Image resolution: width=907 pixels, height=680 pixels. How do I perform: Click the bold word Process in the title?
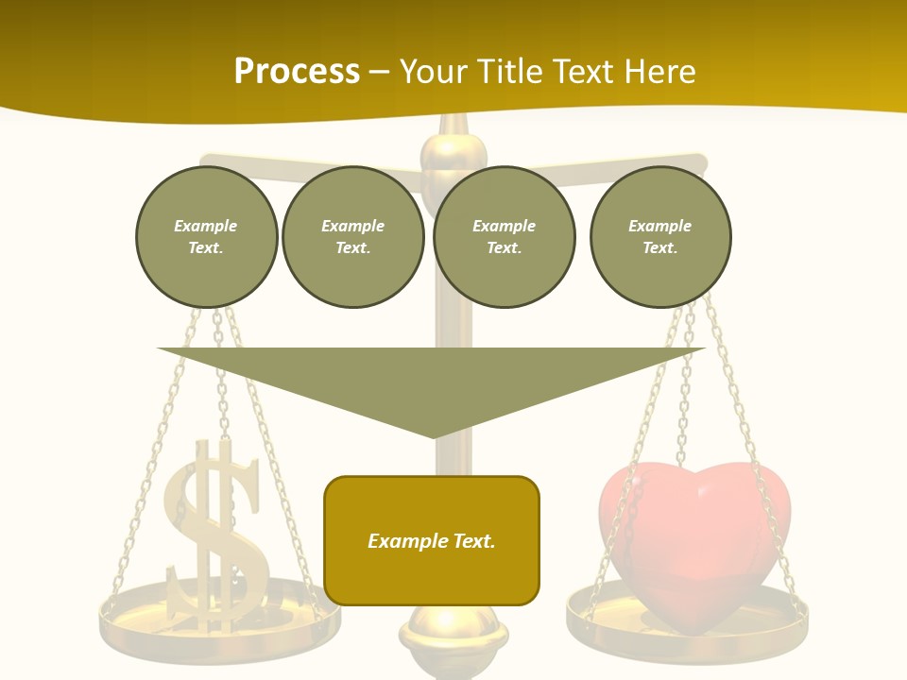pyautogui.click(x=297, y=72)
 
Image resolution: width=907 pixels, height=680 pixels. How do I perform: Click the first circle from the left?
pyautogui.click(x=206, y=237)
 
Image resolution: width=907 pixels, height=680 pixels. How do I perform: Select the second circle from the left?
pyautogui.click(x=353, y=237)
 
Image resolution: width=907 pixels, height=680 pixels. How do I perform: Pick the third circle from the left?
pyautogui.click(x=504, y=237)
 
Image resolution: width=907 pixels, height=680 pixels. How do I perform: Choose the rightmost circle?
pyautogui.click(x=660, y=237)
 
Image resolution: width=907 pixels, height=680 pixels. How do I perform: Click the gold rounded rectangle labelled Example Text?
pyautogui.click(x=432, y=541)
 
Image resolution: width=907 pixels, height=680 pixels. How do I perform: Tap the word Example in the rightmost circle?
pyautogui.click(x=660, y=226)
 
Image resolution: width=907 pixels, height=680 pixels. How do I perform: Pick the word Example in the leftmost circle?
pyautogui.click(x=206, y=226)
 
